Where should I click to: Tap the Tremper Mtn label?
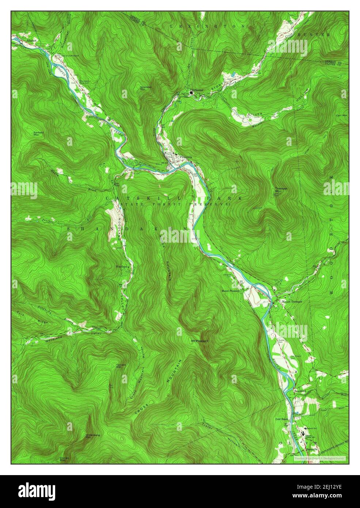tap(281, 190)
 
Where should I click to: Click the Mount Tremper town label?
tap(291, 302)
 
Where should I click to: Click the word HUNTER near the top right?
tap(320, 35)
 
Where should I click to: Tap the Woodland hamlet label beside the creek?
tap(121, 267)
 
